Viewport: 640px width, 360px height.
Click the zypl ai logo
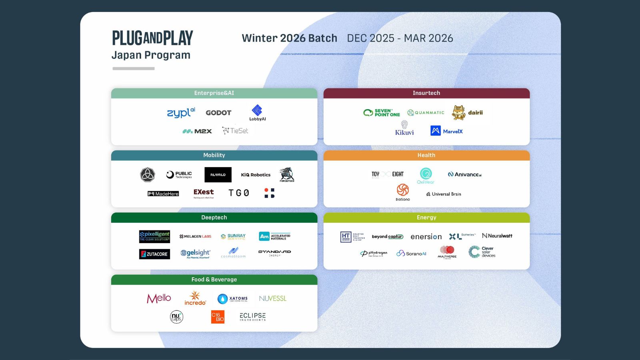tap(181, 113)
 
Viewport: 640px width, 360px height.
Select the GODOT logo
tap(218, 113)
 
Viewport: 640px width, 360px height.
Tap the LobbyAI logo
tap(257, 113)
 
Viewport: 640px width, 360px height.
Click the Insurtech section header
tap(426, 93)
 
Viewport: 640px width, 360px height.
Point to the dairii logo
tap(467, 113)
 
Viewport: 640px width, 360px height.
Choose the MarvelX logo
tap(446, 131)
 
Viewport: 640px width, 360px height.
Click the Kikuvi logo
tap(404, 128)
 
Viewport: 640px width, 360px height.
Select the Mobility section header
tap(214, 155)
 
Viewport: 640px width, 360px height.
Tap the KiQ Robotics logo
tap(256, 175)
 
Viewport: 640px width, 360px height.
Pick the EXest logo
tap(204, 193)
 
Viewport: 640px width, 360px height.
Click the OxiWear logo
tap(426, 176)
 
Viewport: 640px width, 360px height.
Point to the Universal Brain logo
tap(444, 194)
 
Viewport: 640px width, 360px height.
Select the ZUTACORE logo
tap(154, 254)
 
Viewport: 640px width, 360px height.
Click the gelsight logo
tap(195, 254)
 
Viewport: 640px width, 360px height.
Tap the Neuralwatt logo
tap(497, 236)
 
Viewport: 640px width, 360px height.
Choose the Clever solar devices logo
tap(482, 252)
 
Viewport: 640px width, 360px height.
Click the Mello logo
tap(159, 298)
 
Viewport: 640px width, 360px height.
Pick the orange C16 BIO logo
tap(218, 317)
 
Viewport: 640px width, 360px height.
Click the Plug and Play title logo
tap(152, 38)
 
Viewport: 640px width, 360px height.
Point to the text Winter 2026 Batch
tap(289, 38)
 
